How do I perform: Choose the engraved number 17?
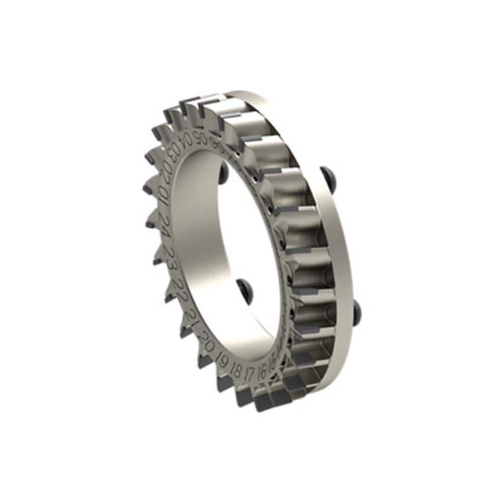point(249,373)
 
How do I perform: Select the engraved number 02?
point(167,171)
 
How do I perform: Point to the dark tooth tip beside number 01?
point(148,190)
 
